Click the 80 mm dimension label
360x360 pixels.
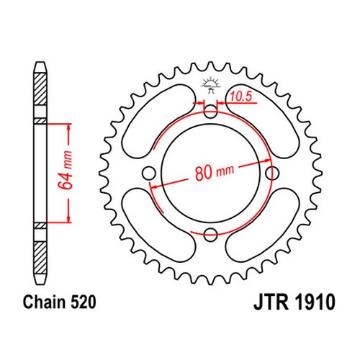tap(215, 171)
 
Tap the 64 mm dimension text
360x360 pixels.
tap(65, 170)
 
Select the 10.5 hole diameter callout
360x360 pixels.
tap(241, 96)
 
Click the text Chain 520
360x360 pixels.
tap(60, 302)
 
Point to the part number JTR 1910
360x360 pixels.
tap(294, 302)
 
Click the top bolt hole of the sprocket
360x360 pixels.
tap(210, 112)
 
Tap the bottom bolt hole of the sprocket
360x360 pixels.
tap(210, 235)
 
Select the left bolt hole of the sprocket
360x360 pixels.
tap(149, 173)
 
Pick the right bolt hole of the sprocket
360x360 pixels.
tap(272, 173)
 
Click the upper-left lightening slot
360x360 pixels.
tap(158, 120)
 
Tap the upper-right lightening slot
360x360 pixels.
tap(263, 120)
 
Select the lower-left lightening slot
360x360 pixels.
tap(158, 225)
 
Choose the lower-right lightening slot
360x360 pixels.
tap(263, 225)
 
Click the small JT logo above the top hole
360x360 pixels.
tap(210, 85)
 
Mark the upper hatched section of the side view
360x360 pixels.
tap(40, 89)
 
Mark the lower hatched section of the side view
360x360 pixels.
tap(40, 258)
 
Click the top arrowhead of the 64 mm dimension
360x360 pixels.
tap(69, 127)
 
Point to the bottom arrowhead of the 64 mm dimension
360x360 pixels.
tap(69, 219)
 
